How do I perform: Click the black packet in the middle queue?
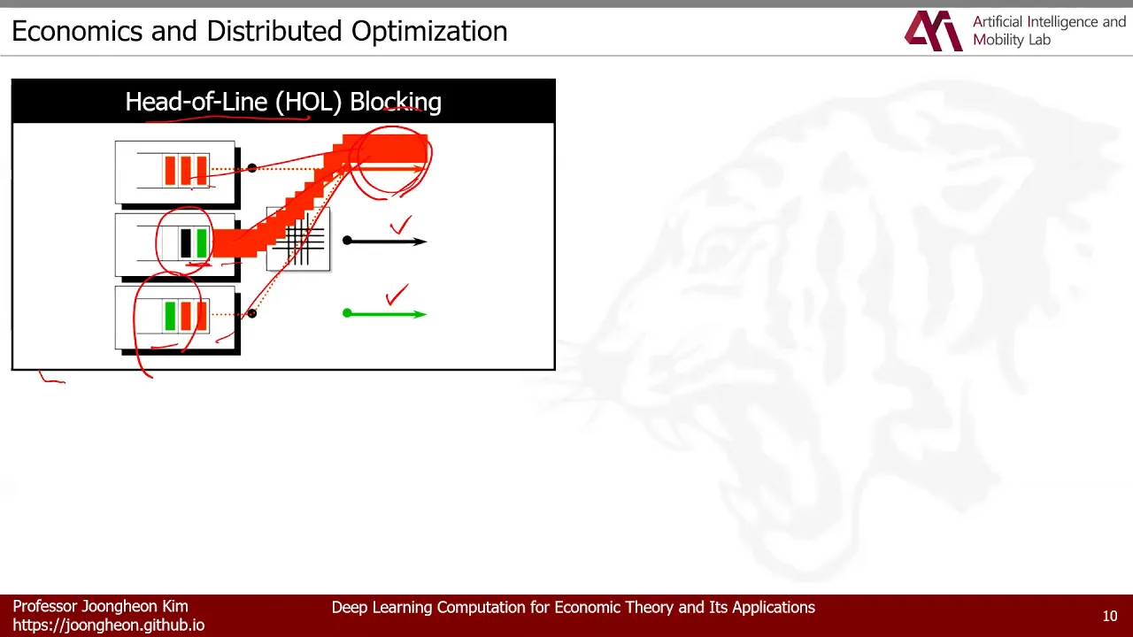(x=186, y=243)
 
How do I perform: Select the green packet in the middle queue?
(x=202, y=243)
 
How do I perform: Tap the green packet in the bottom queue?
(x=170, y=316)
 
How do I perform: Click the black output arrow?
(x=385, y=242)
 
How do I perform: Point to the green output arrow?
(x=385, y=314)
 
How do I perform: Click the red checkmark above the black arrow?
(x=401, y=225)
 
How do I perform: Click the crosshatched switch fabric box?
(x=298, y=239)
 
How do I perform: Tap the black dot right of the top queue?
(x=252, y=168)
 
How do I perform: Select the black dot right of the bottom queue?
(x=252, y=313)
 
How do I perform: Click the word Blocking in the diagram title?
(x=396, y=102)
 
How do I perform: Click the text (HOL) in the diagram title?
(x=309, y=102)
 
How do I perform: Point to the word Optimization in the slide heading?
(x=429, y=31)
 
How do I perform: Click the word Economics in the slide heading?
(x=77, y=31)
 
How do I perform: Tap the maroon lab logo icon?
(x=934, y=31)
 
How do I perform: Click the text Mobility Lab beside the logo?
(x=1012, y=40)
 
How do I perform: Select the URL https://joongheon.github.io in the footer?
(x=109, y=625)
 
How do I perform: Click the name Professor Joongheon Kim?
(x=100, y=606)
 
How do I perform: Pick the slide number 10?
(x=1110, y=616)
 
